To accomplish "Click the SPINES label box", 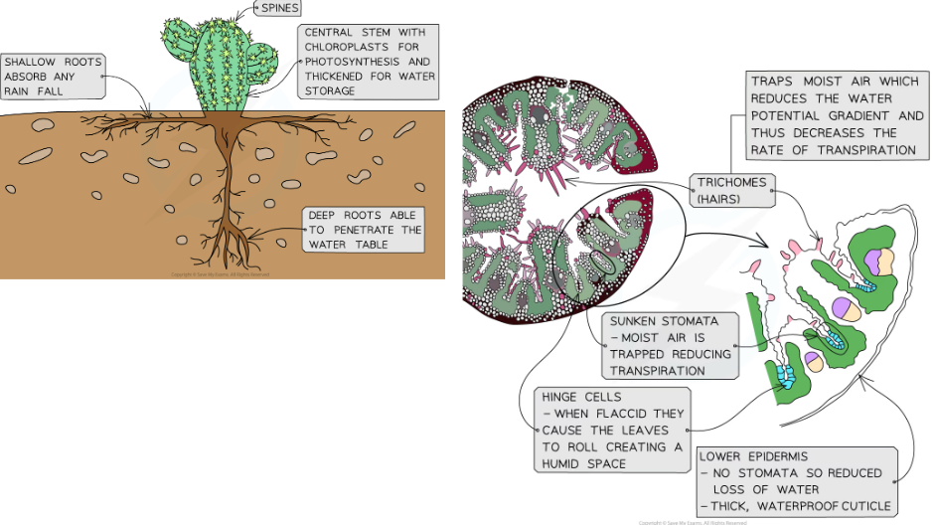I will click(278, 9).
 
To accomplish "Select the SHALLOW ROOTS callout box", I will click(52, 76).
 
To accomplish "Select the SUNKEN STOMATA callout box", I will click(671, 345).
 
